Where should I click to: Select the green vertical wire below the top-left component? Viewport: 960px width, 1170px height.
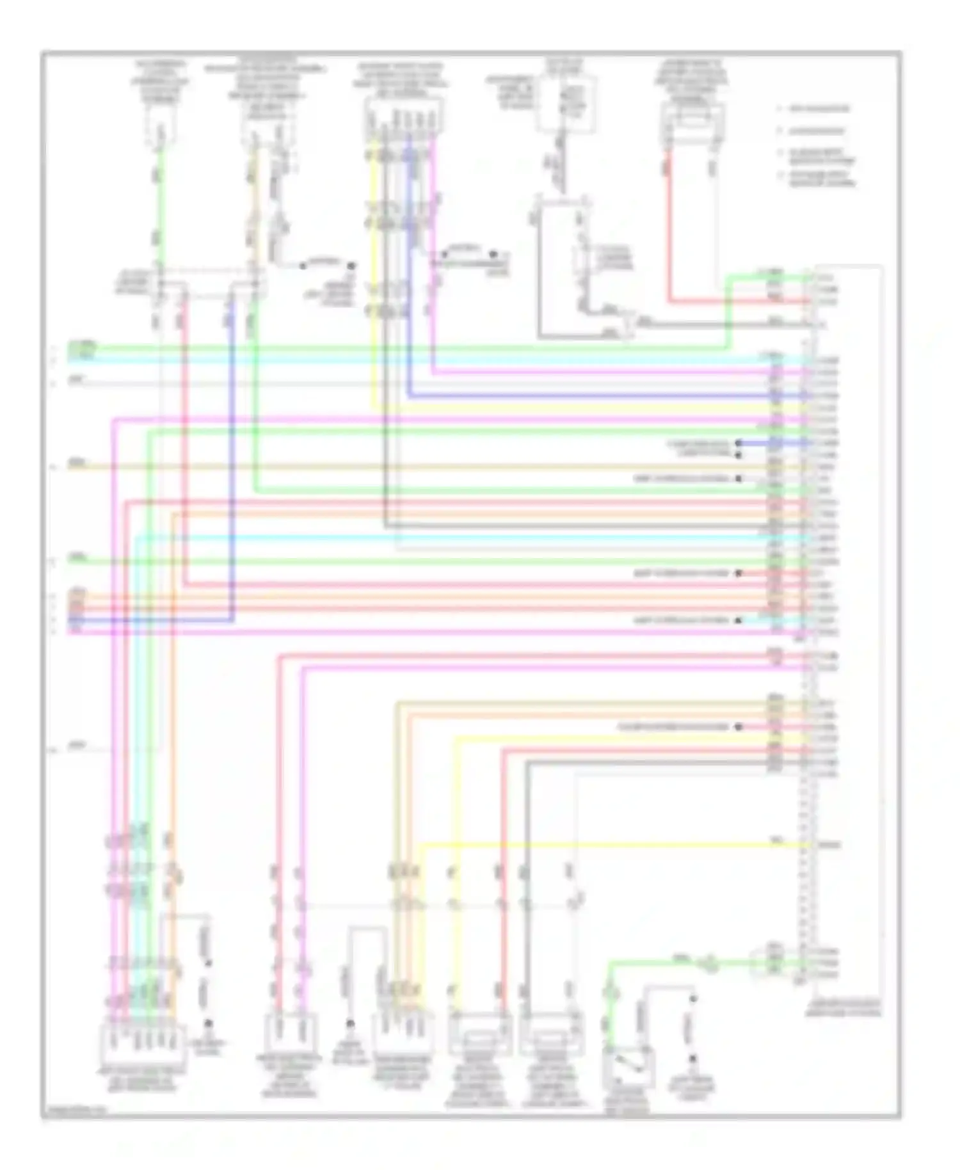159,211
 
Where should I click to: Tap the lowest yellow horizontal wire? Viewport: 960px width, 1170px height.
614,845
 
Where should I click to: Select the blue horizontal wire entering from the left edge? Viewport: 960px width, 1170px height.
154,620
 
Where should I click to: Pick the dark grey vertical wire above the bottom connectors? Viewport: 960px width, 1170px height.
526,864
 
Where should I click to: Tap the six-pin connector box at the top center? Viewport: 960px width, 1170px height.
404,116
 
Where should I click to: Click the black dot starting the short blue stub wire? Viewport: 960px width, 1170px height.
738,443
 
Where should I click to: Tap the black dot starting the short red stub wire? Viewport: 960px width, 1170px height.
738,573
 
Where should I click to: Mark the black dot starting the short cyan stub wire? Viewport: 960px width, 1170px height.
738,621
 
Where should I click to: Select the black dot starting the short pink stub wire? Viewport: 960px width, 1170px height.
738,727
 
